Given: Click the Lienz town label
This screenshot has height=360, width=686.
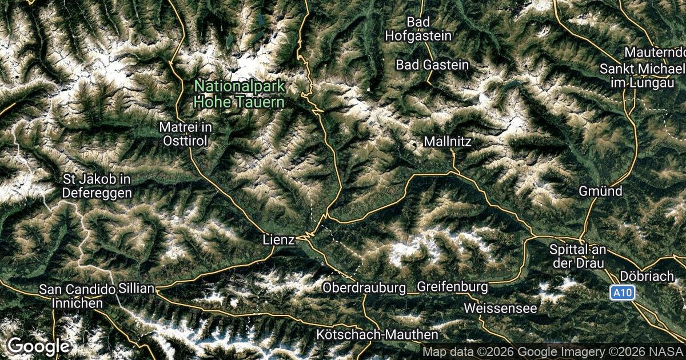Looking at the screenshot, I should click(x=279, y=240).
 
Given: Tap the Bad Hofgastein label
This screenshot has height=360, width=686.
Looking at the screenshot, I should click(x=418, y=29).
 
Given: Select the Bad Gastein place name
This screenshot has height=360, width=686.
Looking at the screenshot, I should click(x=432, y=65).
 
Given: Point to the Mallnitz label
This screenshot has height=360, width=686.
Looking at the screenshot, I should click(x=448, y=141).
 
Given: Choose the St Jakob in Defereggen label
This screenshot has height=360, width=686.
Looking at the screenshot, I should click(x=97, y=186).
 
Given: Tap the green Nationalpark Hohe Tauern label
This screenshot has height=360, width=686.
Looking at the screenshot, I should click(x=239, y=94).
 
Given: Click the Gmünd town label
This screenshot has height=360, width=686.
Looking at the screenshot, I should click(x=600, y=191).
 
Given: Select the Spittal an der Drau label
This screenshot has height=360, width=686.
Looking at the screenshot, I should click(x=580, y=257).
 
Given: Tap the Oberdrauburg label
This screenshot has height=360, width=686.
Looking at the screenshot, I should click(x=364, y=286).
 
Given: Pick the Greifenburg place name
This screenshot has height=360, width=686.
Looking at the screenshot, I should click(x=452, y=286).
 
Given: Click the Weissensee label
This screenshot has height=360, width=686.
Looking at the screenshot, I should click(x=500, y=308).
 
